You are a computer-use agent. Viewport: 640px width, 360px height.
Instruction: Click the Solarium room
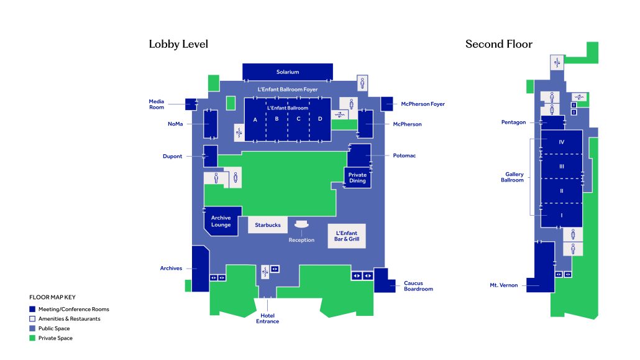[x=288, y=72]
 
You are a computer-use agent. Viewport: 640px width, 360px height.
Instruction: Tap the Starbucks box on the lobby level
[x=268, y=225]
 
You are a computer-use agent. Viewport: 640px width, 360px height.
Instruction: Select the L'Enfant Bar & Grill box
[x=347, y=236]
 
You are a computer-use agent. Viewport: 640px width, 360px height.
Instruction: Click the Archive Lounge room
[x=221, y=221]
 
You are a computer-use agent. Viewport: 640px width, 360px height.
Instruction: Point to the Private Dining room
[x=357, y=178]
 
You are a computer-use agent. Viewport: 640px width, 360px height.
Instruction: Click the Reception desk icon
[x=301, y=224]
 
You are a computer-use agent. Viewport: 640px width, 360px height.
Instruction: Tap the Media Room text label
[x=157, y=104]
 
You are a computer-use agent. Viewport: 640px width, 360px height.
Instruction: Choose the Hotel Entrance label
[x=268, y=318]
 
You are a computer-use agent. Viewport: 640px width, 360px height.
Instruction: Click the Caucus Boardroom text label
[x=418, y=286]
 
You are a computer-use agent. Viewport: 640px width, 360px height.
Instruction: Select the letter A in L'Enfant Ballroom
[x=255, y=120]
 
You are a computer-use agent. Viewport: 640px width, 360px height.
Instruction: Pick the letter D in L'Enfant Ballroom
[x=320, y=119]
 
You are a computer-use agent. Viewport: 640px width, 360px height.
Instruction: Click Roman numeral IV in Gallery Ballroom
[x=562, y=142]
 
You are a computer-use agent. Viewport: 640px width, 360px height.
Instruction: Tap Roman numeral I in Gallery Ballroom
[x=562, y=215]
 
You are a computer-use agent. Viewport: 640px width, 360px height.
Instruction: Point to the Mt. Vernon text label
[x=504, y=285]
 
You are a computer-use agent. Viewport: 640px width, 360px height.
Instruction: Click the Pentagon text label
[x=513, y=122]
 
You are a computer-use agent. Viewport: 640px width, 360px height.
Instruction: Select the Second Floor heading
[x=499, y=44]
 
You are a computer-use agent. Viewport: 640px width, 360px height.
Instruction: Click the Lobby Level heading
[x=178, y=44]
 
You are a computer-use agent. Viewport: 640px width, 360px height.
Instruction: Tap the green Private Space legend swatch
[x=32, y=338]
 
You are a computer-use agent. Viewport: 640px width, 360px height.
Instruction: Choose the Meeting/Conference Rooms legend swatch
[x=32, y=310]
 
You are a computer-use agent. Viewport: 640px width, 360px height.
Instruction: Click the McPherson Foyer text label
[x=423, y=104]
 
